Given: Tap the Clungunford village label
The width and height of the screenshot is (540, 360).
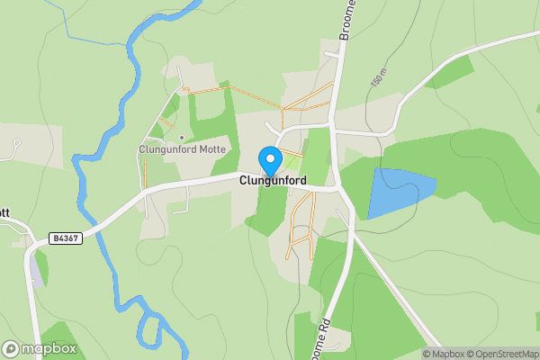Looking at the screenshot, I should tap(273, 181).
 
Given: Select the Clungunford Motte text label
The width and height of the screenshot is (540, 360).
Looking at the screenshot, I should tap(182, 149).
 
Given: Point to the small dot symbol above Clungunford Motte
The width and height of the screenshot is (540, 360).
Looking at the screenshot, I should tap(182, 138).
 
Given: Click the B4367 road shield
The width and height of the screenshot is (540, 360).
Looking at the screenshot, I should tap(64, 238).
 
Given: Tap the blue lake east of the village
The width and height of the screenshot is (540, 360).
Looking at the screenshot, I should tap(396, 191).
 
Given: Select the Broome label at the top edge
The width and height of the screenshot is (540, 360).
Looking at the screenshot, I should tap(349, 16).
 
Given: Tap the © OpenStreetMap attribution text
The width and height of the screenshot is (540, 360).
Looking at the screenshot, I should tap(504, 354).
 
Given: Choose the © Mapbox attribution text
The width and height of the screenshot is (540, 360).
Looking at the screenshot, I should tap(444, 354).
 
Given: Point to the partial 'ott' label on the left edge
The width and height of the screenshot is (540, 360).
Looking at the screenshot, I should tap(4, 213).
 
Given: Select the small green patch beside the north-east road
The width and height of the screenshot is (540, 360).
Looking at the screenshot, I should tap(450, 72).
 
